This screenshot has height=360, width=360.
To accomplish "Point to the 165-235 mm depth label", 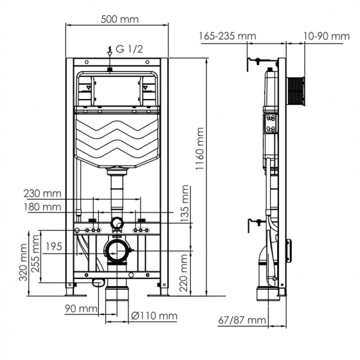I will point(227,36).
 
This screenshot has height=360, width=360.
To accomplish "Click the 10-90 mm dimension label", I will point(326,36).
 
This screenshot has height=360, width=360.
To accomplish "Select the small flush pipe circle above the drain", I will point(116,224).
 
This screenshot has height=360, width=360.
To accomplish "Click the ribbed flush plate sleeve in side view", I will point(297,89).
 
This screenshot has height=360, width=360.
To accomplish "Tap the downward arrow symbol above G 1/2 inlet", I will point(109,50).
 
